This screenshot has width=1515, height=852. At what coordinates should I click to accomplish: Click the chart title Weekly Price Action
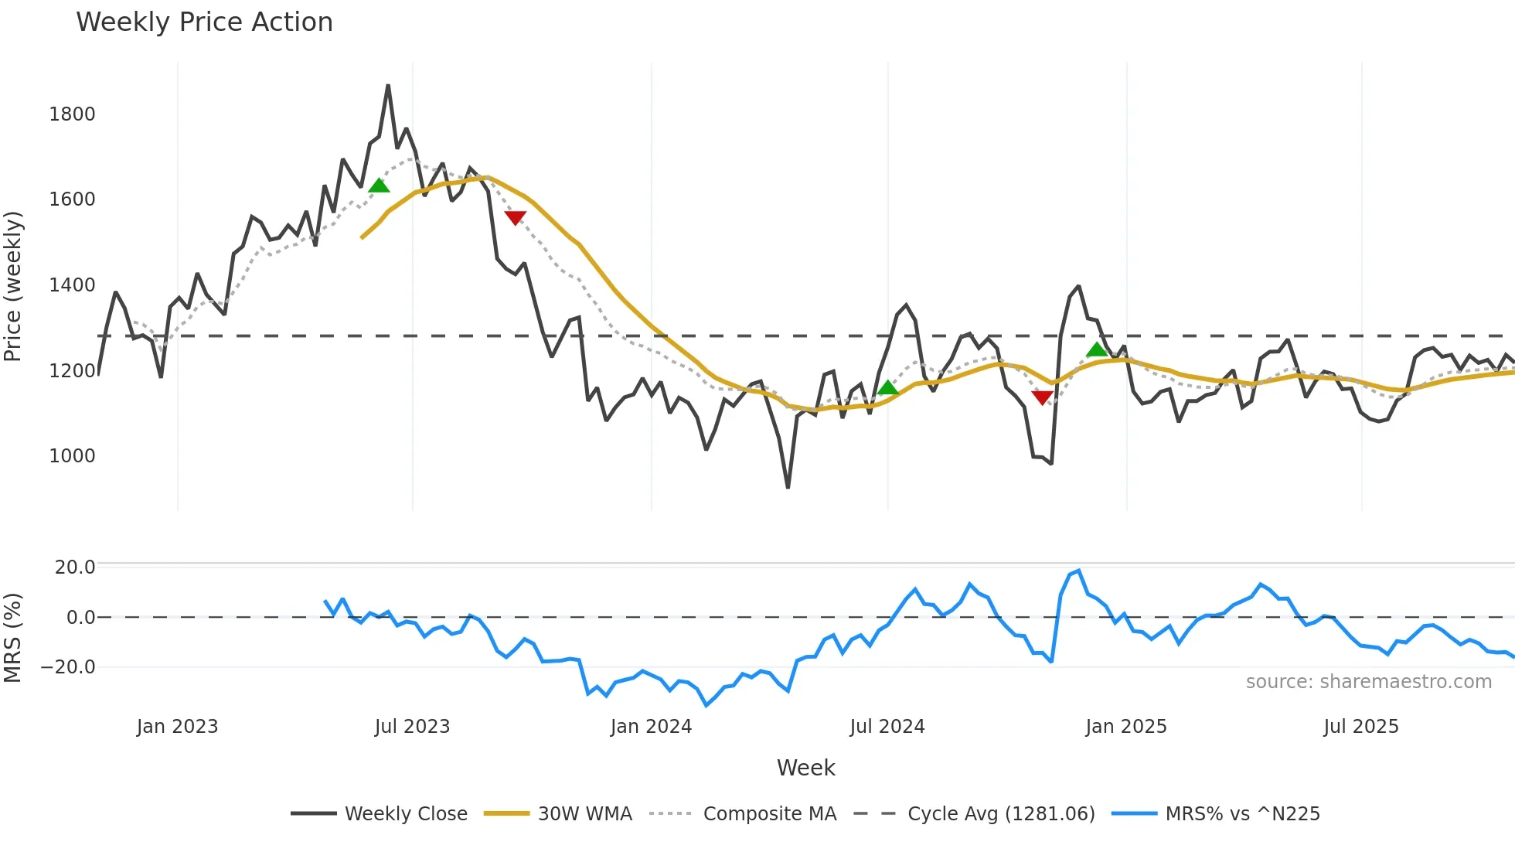tap(204, 22)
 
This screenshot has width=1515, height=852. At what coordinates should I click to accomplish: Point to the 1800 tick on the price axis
tap(72, 114)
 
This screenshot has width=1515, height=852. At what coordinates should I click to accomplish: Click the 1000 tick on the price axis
tap(72, 456)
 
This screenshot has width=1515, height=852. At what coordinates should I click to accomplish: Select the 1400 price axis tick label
tap(72, 285)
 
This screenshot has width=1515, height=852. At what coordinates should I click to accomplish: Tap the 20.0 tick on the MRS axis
tap(74, 567)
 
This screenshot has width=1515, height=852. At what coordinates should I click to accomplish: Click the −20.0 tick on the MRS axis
tap(68, 667)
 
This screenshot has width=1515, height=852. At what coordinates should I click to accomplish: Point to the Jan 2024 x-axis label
tap(651, 727)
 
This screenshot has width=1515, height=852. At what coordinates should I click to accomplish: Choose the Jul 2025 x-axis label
tap(1360, 727)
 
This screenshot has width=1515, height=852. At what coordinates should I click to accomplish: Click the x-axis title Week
tap(805, 768)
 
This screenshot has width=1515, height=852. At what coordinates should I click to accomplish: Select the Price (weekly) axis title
tap(13, 286)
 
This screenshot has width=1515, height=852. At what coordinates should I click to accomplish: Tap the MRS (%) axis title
tap(13, 638)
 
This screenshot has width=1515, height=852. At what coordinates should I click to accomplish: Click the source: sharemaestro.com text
tap(1368, 682)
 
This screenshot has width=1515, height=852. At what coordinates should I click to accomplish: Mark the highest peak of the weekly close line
tap(388, 86)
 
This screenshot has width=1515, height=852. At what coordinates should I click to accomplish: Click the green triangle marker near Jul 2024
tap(888, 387)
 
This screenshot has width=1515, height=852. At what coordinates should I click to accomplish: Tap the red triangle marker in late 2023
tap(516, 218)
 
